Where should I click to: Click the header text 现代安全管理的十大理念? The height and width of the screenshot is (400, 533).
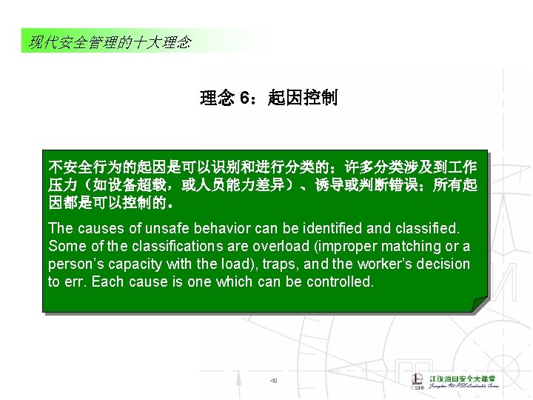(x=110, y=42)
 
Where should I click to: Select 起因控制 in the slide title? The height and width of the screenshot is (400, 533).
(x=303, y=98)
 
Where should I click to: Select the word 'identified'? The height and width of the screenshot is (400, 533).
(x=332, y=228)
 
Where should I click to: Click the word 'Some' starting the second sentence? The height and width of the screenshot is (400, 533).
(x=64, y=246)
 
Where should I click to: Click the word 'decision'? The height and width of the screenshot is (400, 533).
(x=443, y=264)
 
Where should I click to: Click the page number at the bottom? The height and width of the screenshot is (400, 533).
(x=272, y=381)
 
